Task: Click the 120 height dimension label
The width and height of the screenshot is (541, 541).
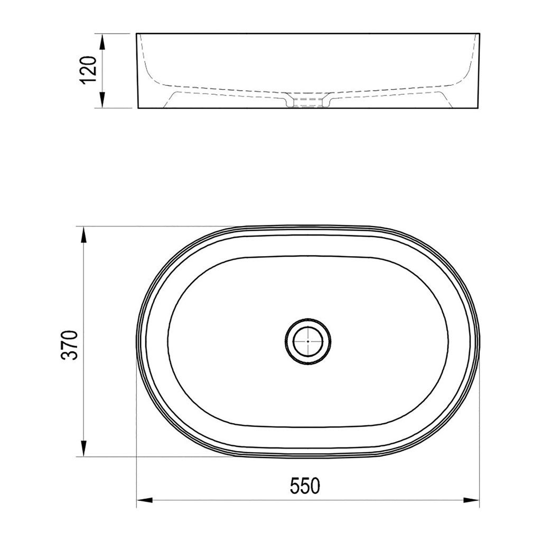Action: (88, 70)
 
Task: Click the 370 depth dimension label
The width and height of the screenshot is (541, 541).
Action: (70, 345)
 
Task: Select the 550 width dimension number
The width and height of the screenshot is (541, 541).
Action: (305, 486)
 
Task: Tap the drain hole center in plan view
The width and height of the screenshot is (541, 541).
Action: (308, 341)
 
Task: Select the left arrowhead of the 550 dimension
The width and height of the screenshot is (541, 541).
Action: (145, 500)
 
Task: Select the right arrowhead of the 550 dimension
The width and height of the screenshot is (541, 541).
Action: (471, 500)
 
